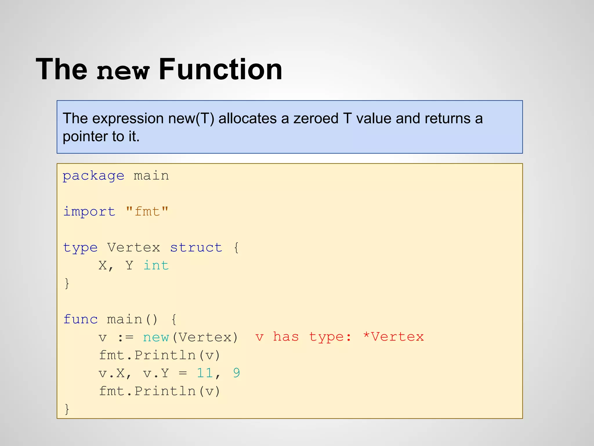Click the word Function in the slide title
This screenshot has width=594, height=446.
[220, 70]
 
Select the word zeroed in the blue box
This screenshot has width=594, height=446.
[316, 118]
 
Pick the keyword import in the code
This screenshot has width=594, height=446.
[89, 212]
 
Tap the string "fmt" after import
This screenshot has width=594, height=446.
[147, 212]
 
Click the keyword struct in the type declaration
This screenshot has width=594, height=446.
[196, 248]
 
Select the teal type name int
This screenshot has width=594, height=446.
[156, 265]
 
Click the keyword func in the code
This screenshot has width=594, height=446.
[80, 319]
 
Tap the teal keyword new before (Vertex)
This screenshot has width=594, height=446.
[156, 337]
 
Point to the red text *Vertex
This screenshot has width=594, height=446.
[393, 337]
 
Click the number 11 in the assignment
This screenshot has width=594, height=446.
[205, 373]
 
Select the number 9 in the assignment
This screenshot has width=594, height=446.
[236, 373]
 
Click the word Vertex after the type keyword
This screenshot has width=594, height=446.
[133, 248]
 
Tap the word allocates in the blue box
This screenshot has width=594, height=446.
[248, 118]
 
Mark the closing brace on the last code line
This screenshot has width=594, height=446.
[67, 409]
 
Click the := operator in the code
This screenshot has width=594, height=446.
[125, 337]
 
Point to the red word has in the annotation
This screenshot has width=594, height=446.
[286, 337]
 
